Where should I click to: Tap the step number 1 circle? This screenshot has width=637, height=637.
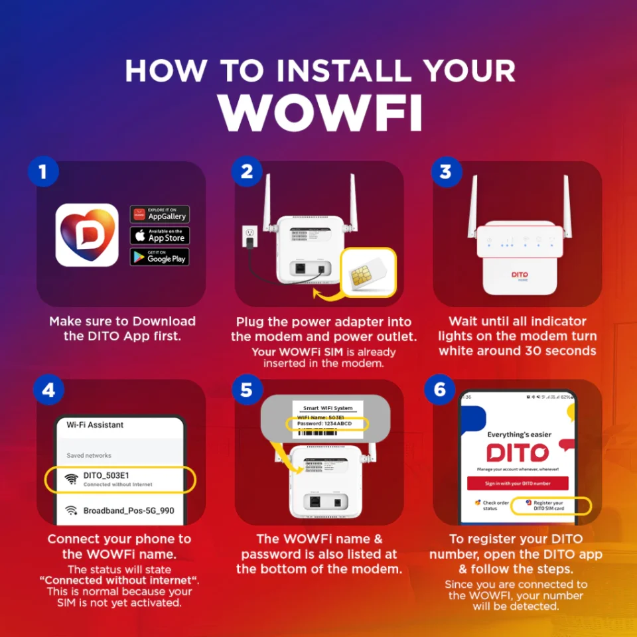pos(43,173)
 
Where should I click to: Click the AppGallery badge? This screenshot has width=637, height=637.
pos(159,214)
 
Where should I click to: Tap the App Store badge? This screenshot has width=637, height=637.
pos(159,236)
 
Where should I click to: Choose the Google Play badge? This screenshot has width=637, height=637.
pos(159,257)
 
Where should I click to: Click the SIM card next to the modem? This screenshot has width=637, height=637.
pos(368,272)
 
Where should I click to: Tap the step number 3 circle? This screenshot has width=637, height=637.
pos(446,173)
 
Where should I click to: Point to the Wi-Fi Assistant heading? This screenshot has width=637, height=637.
pos(95,425)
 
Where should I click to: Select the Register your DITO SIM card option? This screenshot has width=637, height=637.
pos(549,506)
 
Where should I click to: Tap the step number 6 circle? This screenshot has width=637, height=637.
pos(440,390)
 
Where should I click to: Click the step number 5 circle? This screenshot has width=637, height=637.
pos(246,390)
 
